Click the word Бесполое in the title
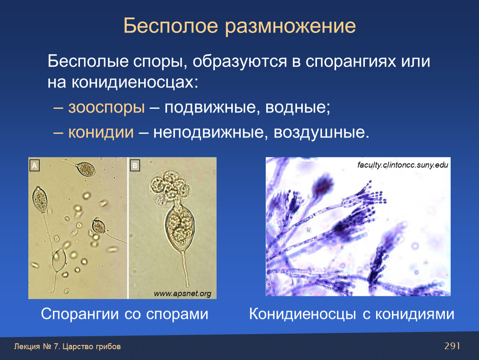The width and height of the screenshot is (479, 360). (170, 25)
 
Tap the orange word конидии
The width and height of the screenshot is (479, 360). (101, 132)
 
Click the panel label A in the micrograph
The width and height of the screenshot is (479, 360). (35, 166)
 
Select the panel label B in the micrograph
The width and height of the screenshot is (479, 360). (135, 166)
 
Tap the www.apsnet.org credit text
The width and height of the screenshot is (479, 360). (182, 294)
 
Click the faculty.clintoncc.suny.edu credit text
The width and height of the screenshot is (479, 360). (403, 165)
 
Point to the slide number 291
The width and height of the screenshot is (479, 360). (452, 346)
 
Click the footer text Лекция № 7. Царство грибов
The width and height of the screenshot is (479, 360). (67, 347)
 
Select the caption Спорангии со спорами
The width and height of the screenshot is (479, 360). (125, 314)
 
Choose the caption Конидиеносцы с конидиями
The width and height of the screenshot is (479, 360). (352, 314)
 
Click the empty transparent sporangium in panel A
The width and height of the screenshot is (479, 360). (59, 260)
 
